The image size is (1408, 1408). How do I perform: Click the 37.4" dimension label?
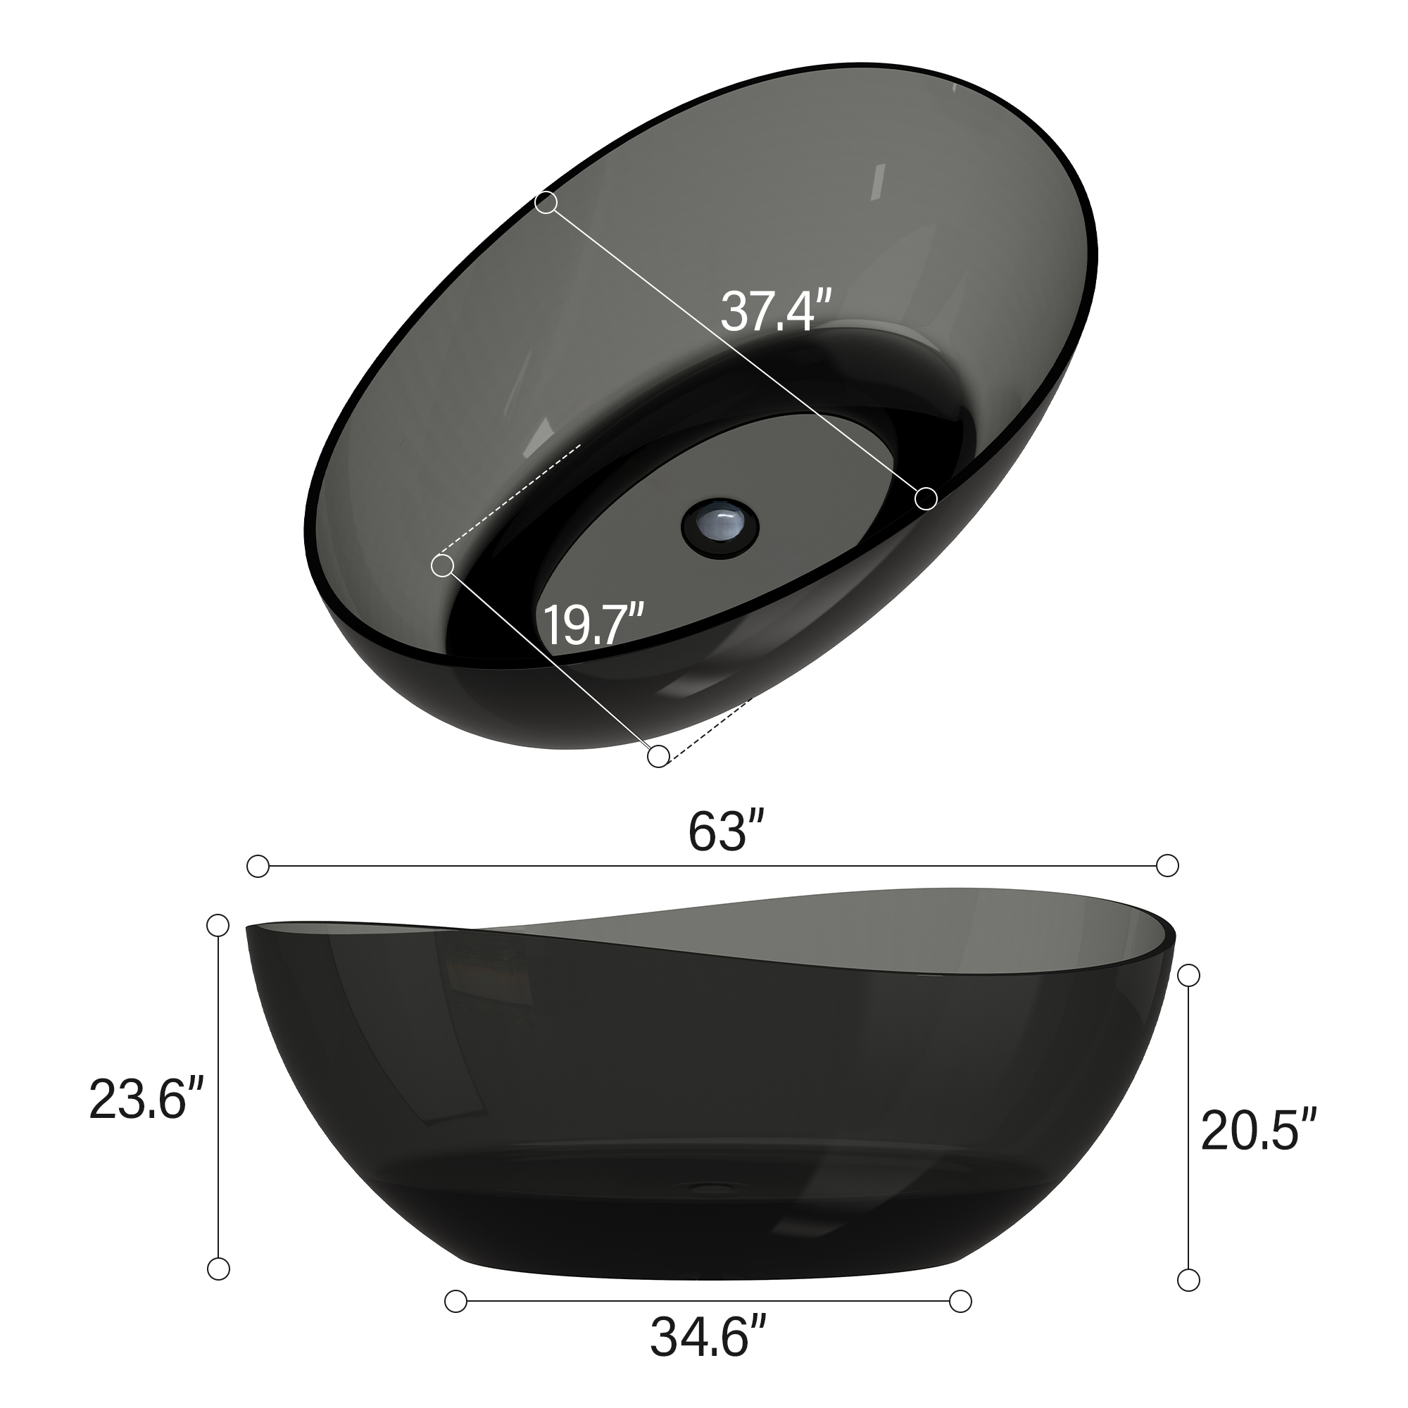775,312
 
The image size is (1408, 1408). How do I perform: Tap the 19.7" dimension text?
593,624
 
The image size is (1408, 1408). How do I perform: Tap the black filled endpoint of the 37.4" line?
926,498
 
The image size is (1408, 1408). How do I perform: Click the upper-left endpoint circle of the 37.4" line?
546,203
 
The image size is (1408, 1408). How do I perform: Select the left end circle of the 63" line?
258,867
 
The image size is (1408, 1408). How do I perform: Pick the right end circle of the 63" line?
1167,866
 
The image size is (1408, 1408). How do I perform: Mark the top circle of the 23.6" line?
218,925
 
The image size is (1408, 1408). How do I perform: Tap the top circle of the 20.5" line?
1188,975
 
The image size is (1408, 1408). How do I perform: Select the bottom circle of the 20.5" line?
1188,1279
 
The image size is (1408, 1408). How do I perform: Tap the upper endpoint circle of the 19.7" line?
442,565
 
